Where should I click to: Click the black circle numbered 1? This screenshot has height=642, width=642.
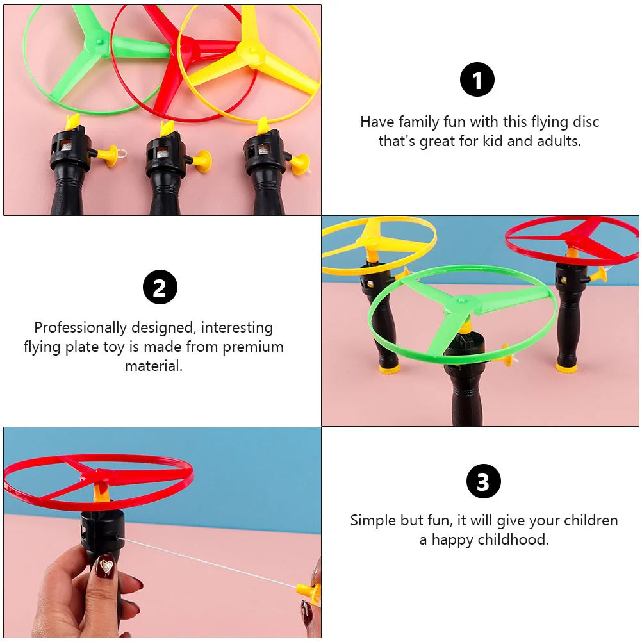pyautogui.click(x=477, y=79)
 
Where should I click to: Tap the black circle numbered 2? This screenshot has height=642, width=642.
pyautogui.click(x=160, y=287)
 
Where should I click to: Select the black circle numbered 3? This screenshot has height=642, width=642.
pyautogui.click(x=484, y=481)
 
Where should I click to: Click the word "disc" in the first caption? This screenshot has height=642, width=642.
pyautogui.click(x=586, y=122)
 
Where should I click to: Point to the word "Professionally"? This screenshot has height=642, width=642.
pyautogui.click(x=80, y=327)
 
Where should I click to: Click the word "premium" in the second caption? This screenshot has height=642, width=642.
pyautogui.click(x=253, y=347)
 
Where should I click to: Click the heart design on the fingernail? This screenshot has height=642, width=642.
pyautogui.click(x=106, y=566)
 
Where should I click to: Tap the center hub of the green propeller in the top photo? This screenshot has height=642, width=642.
pyautogui.click(x=99, y=42)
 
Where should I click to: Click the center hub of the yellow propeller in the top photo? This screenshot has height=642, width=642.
pyautogui.click(x=251, y=51)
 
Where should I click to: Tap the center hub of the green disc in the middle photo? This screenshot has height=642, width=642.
pyautogui.click(x=462, y=301)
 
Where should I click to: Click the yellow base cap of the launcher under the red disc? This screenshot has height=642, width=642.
pyautogui.click(x=566, y=367)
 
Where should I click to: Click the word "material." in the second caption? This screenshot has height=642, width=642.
pyautogui.click(x=154, y=366)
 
